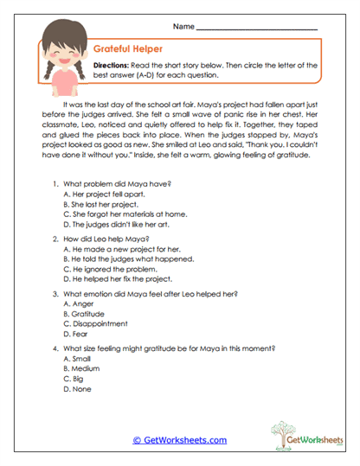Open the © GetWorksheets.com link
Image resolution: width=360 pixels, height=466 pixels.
[179, 440]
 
